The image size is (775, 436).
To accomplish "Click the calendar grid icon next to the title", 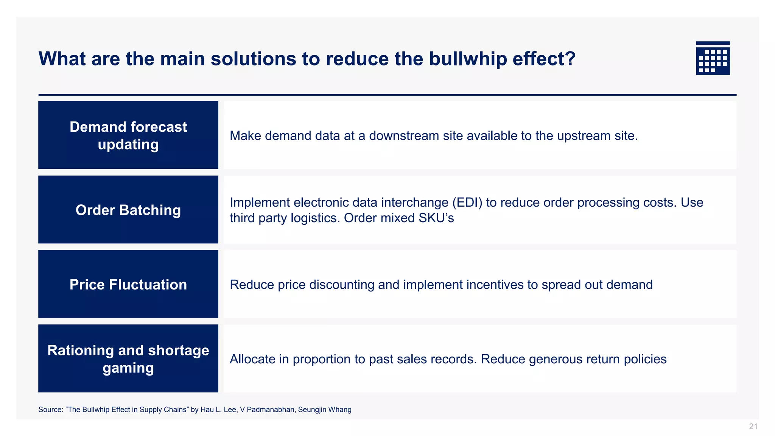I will pyautogui.click(x=713, y=58).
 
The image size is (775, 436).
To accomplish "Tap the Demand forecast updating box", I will pyautogui.click(x=128, y=135).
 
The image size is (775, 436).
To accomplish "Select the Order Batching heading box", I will pyautogui.click(x=128, y=210).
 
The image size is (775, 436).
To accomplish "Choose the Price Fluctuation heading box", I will pyautogui.click(x=128, y=284).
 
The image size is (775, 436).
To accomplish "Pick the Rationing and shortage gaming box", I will pyautogui.click(x=128, y=358).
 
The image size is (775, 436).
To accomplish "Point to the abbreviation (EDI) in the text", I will pyautogui.click(x=467, y=202).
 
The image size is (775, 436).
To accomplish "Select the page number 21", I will pyautogui.click(x=753, y=427).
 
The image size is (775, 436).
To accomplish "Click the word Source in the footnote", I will pyautogui.click(x=50, y=410).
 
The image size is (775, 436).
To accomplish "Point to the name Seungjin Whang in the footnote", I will pyautogui.click(x=325, y=410).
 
